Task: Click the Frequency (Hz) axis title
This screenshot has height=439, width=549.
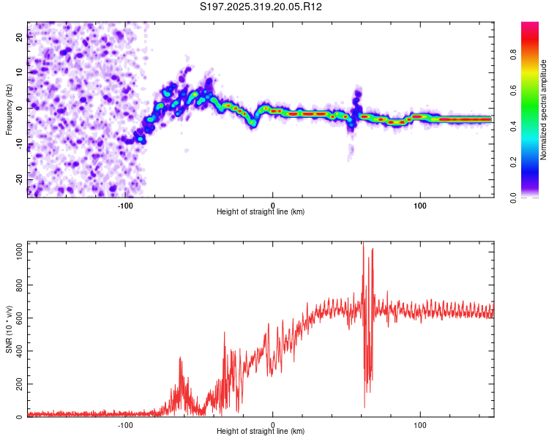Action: pos(10,110)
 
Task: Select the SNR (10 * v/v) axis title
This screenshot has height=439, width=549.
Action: pos(10,329)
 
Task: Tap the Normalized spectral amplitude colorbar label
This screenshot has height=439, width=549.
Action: pos(544,110)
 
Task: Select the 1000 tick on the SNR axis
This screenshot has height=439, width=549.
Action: pos(15,252)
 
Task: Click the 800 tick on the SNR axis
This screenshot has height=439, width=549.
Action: pos(18,285)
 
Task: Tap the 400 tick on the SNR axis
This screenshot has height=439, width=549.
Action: pos(18,351)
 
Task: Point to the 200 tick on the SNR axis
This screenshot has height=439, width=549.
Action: pos(18,384)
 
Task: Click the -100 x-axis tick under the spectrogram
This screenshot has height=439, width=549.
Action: pos(125,204)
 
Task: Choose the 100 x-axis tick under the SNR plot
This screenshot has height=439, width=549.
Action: pos(420,424)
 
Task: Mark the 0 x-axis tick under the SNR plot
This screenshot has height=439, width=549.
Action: pos(273,424)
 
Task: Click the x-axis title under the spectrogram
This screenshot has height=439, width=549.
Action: pos(261,212)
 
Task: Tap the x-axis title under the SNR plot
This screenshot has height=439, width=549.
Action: pos(261,432)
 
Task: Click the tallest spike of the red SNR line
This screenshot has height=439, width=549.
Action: pos(363,244)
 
